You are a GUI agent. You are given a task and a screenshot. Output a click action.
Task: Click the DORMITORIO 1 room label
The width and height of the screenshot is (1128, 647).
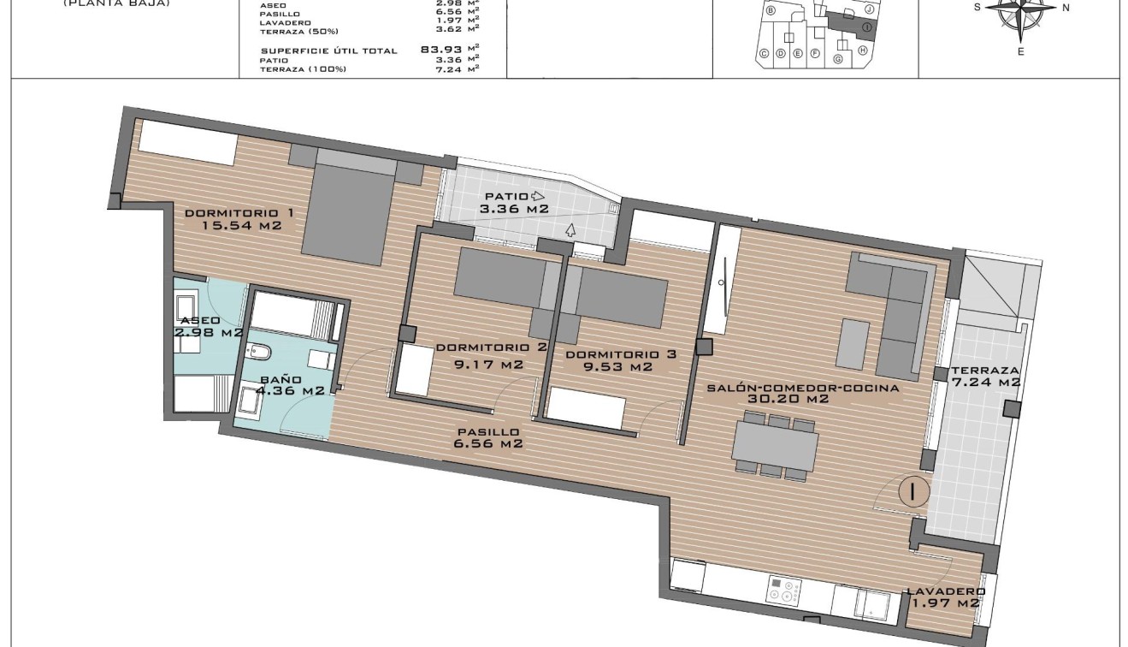click(233, 212)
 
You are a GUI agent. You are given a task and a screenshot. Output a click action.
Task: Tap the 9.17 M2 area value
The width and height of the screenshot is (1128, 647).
click(487, 365)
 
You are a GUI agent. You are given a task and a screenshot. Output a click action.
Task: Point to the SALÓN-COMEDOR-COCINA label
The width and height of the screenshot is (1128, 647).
click(802, 388)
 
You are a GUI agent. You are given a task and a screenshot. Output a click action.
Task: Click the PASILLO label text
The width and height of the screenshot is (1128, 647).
click(488, 432)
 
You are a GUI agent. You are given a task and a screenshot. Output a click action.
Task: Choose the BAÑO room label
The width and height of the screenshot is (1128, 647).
click(281, 379)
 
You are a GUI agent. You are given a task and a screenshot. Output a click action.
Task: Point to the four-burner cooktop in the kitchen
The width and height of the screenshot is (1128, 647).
click(783, 591)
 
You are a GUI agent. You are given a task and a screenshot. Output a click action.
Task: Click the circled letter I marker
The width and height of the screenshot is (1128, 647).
click(913, 492)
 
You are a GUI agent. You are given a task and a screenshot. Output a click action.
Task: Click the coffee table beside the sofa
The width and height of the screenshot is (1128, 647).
click(853, 343)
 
